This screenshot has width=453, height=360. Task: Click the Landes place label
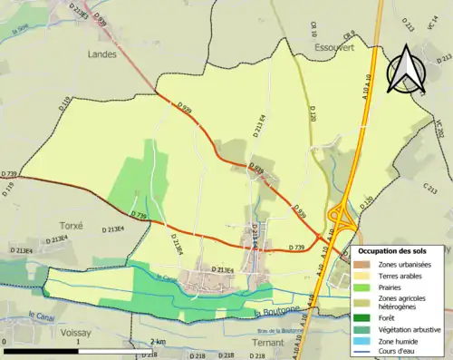tap(103, 54)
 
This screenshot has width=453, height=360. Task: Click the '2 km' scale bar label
tap(159, 341)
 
